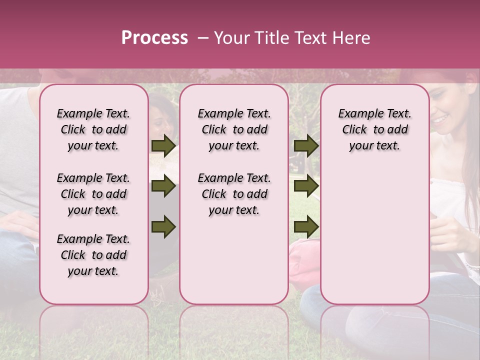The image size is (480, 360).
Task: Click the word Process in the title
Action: coord(154,38)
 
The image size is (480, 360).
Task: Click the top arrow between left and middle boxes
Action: coord(163,146)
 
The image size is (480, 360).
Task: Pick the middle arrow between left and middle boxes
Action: coord(163,186)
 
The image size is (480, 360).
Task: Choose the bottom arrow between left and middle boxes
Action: coord(163,226)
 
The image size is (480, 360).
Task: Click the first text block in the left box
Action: coord(93,129)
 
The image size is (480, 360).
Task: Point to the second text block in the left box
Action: coord(93,194)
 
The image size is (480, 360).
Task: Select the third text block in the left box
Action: coord(93,255)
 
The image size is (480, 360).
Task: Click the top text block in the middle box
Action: coord(234,129)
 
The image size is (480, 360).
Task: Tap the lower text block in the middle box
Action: coord(234,194)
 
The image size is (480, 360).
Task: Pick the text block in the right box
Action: coord(374,129)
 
